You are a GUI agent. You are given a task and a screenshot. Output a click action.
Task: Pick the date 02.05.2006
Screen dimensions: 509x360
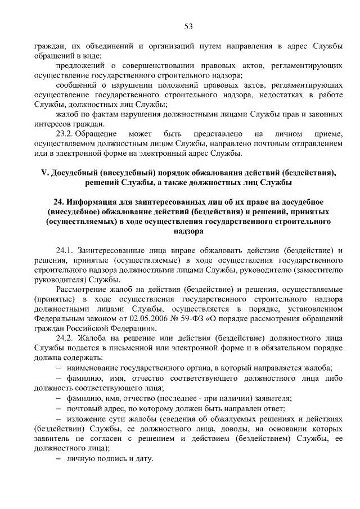pyautogui.click(x=155, y=318)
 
